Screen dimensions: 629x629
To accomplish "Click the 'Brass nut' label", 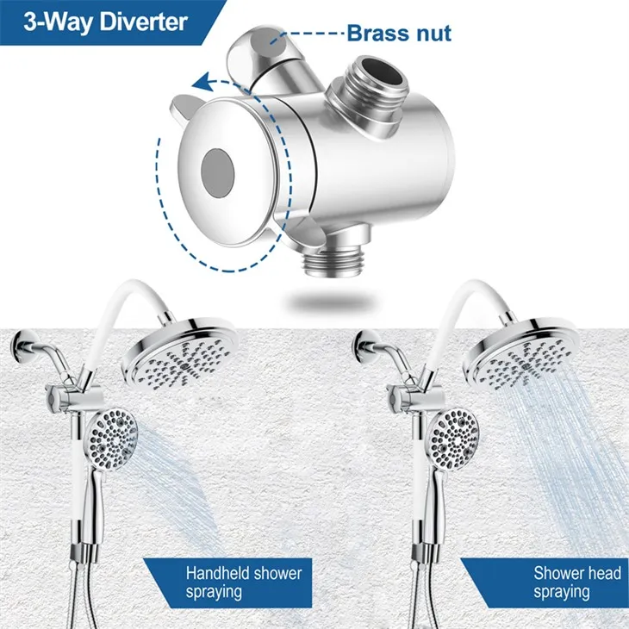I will point(398,34).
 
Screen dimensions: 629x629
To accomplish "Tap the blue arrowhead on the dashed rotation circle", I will point(202,84).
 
